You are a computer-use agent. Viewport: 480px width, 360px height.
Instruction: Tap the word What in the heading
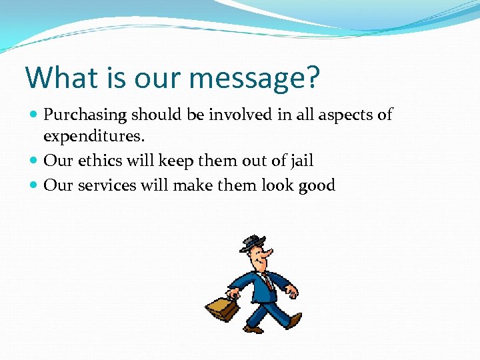(63, 77)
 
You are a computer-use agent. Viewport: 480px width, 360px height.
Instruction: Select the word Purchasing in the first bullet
(85, 115)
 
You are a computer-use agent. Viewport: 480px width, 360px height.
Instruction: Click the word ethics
(100, 161)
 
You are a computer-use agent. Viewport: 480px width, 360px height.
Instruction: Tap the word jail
(300, 161)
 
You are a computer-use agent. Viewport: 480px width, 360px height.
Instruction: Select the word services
(107, 185)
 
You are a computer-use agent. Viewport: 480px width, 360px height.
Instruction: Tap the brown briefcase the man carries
(222, 307)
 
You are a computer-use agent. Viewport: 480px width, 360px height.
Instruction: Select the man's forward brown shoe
(253, 328)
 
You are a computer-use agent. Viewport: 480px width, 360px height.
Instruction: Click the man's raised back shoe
(294, 321)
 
